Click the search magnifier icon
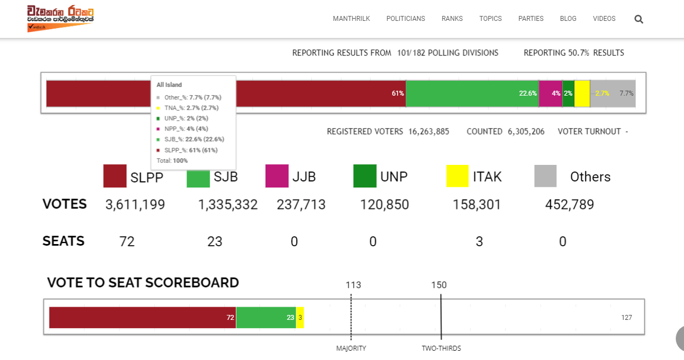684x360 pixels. (x=638, y=19)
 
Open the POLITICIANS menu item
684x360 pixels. (x=406, y=19)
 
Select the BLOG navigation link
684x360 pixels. (x=568, y=19)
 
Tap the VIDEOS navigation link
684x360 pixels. (x=604, y=19)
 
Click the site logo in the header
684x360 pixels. (x=60, y=18)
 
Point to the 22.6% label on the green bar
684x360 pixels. (x=528, y=93)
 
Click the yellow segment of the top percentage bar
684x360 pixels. (x=582, y=93)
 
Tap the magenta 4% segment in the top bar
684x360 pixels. (x=550, y=93)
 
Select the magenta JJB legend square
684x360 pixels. (x=277, y=176)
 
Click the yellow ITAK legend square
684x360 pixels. (x=457, y=176)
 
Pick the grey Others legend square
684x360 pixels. (x=545, y=176)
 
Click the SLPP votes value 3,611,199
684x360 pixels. (x=135, y=204)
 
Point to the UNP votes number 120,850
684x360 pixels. (x=384, y=204)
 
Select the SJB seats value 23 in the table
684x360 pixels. (x=214, y=241)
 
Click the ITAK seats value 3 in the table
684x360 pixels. (x=479, y=241)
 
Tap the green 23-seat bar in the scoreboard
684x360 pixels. (x=266, y=318)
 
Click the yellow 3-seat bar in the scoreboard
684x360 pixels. (x=300, y=318)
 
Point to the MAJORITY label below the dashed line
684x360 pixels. (x=351, y=348)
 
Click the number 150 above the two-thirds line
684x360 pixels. (x=439, y=285)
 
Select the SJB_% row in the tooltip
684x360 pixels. (x=191, y=139)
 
